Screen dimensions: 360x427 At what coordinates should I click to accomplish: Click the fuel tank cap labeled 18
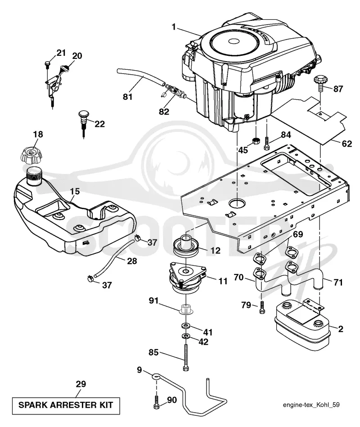[31, 155]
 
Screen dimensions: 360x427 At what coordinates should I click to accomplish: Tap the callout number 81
[127, 97]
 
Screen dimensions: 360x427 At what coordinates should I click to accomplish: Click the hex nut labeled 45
[256, 141]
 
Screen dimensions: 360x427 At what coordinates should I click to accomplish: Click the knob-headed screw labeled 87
[321, 82]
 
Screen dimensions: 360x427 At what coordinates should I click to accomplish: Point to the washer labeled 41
[186, 325]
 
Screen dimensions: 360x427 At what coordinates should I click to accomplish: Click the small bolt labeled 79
[262, 307]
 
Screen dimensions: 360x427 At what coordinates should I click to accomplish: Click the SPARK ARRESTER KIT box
[66, 405]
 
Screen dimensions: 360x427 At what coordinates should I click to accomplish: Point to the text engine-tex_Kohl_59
[311, 405]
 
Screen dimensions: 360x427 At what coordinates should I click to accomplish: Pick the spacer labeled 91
[186, 310]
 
